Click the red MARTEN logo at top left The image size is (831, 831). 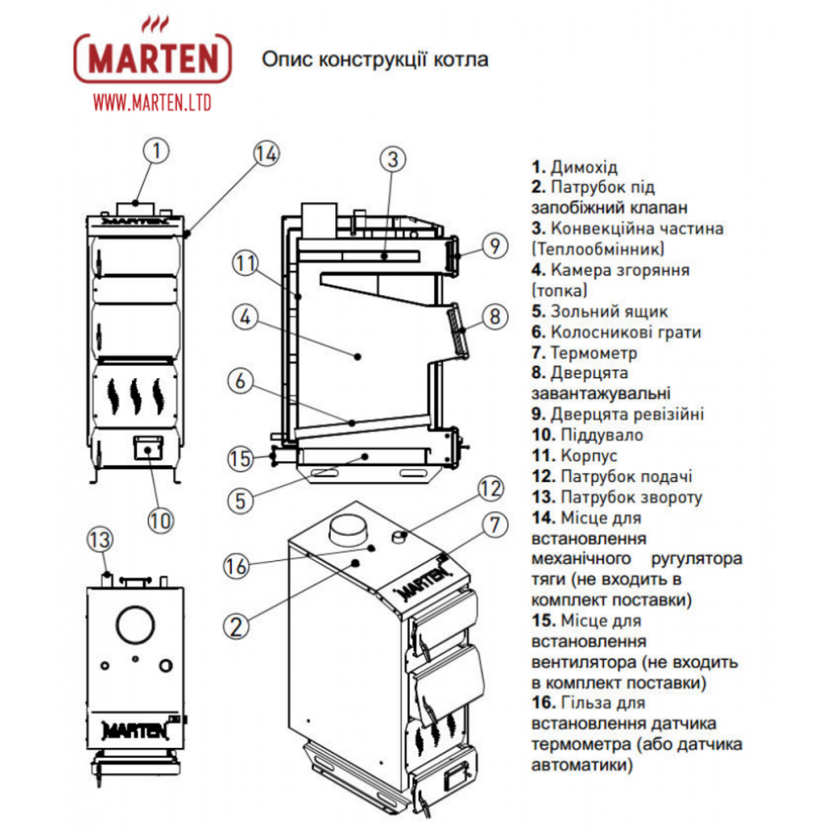tap(153, 58)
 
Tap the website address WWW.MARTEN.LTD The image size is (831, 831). tap(152, 102)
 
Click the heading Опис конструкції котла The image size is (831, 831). tap(375, 60)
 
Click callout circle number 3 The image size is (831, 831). tap(394, 157)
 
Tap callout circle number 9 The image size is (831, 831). tap(494, 246)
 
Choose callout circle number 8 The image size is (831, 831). tap(494, 317)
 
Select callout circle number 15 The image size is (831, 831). tap(240, 458)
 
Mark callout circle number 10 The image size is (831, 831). tap(160, 520)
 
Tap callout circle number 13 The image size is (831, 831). tap(100, 539)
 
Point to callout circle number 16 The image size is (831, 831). tap(237, 567)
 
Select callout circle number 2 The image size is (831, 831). tap(237, 626)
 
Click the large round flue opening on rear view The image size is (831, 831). tap(135, 623)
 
